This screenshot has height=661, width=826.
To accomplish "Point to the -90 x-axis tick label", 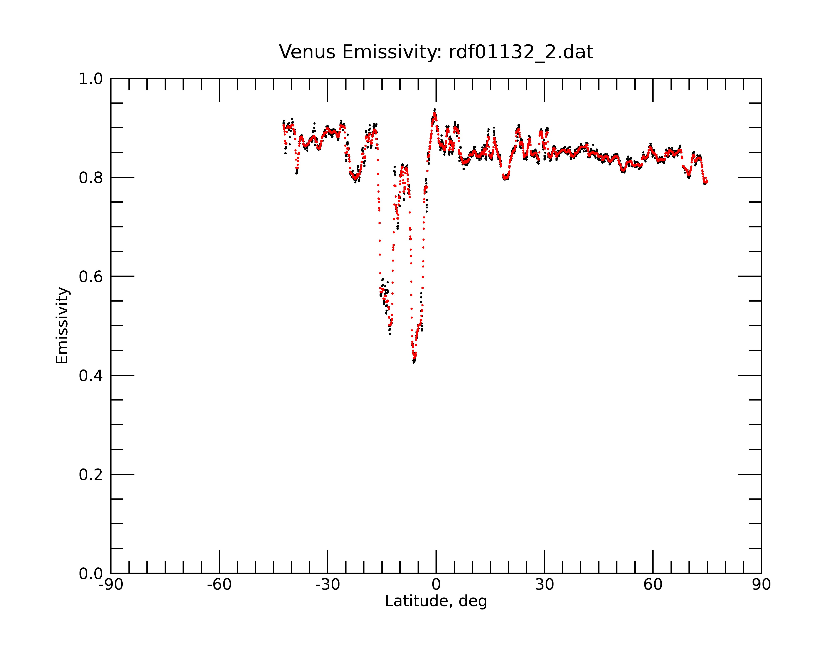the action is (111, 585).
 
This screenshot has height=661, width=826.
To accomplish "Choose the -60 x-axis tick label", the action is (219, 585).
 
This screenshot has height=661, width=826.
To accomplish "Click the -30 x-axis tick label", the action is (328, 585).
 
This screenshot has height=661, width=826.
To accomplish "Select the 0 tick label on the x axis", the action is (436, 585).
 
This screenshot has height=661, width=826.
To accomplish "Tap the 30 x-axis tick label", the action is (544, 585).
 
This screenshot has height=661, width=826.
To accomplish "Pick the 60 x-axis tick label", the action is (653, 585).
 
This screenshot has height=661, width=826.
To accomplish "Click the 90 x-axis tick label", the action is (761, 585).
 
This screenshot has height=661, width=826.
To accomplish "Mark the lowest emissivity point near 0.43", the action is (414, 362).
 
